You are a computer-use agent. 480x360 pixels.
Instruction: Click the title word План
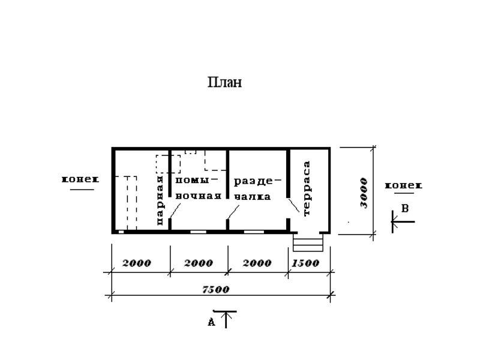click(224, 82)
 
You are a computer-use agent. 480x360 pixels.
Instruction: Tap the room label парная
click(160, 200)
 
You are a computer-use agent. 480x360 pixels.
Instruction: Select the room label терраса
click(307, 188)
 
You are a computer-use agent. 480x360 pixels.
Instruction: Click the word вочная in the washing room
click(199, 196)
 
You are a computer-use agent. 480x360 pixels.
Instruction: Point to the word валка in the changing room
click(253, 197)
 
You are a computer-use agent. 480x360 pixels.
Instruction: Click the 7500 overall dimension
click(216, 289)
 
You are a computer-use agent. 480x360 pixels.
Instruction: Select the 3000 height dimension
click(364, 193)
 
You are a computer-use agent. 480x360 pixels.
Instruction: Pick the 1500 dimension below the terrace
click(305, 263)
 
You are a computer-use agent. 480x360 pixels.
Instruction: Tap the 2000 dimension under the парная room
click(137, 263)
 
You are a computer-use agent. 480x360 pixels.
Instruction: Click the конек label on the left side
click(80, 179)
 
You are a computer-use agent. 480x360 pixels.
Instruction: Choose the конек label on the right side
click(403, 185)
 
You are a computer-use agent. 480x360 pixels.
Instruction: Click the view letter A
click(212, 322)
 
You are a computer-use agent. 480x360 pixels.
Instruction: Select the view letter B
click(404, 208)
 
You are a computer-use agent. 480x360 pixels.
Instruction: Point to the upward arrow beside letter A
click(226, 320)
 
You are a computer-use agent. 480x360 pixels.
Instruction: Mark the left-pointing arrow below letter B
click(403, 221)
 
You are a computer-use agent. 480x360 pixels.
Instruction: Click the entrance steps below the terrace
click(308, 242)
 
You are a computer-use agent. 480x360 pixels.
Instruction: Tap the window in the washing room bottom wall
click(199, 232)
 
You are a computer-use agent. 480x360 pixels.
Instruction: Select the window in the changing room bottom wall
click(254, 232)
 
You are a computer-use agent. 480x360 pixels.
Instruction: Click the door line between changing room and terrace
click(294, 205)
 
